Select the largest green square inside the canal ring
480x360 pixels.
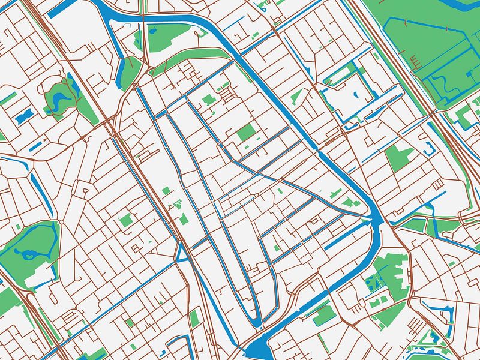tap(245, 133)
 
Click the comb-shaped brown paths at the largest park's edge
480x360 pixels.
tap(415, 61)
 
